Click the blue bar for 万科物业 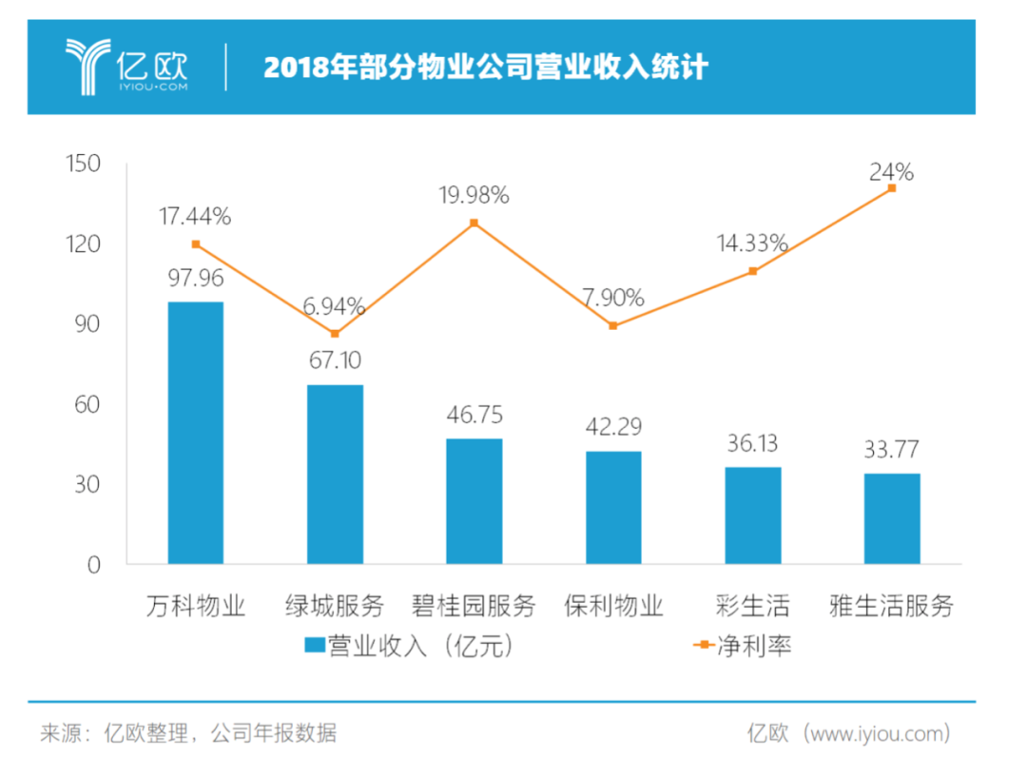pyautogui.click(x=196, y=433)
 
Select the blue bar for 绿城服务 pyautogui.click(x=335, y=474)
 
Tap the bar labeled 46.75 pyautogui.click(x=475, y=501)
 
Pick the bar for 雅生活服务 pyautogui.click(x=892, y=518)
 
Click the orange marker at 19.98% pyautogui.click(x=475, y=224)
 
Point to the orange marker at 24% pyautogui.click(x=892, y=188)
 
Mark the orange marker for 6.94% pyautogui.click(x=335, y=334)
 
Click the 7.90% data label pyautogui.click(x=613, y=298)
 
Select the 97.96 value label pyautogui.click(x=196, y=280)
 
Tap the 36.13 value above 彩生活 pyautogui.click(x=752, y=444)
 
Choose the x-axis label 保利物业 pyautogui.click(x=613, y=606)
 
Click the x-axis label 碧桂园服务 pyautogui.click(x=474, y=606)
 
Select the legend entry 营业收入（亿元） pyautogui.click(x=409, y=646)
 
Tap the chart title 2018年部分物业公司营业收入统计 pyautogui.click(x=486, y=68)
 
